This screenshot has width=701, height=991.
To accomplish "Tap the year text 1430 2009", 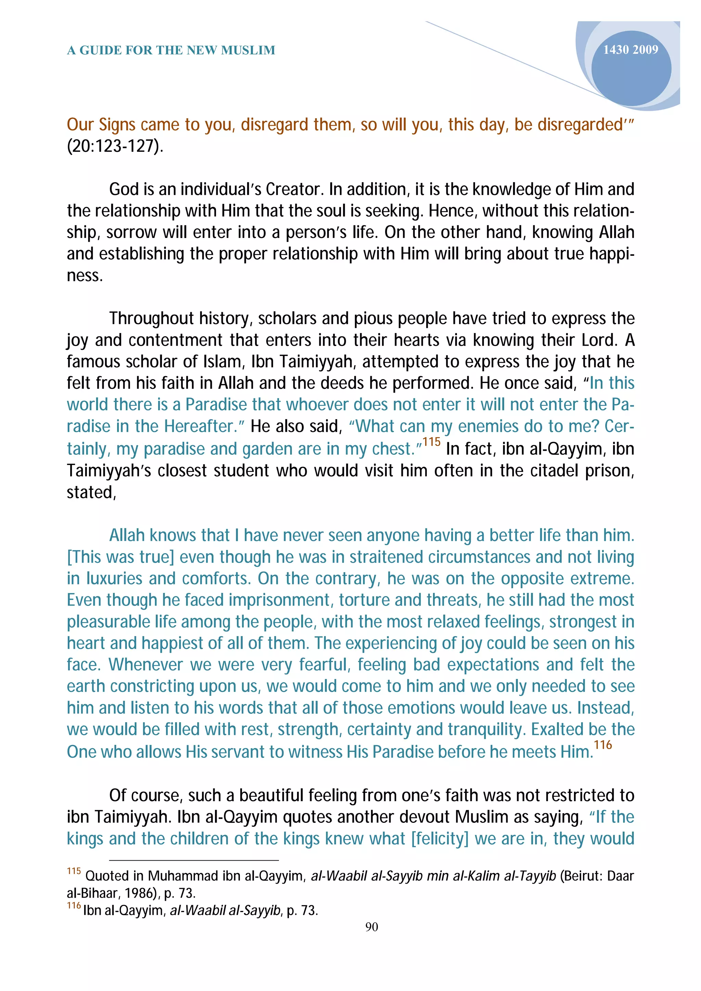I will coord(630,50).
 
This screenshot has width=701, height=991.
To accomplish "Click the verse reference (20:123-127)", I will coord(115,146).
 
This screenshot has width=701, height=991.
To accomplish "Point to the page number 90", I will coord(371,927).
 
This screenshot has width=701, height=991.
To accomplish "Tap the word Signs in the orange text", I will coord(117,125).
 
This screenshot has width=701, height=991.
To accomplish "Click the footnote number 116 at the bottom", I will coord(74,906).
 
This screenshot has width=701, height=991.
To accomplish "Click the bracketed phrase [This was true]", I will coord(120,557).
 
